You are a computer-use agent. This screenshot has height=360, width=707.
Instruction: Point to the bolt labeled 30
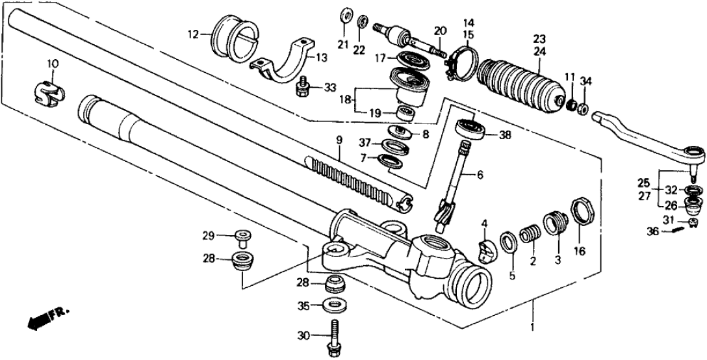click(x=335, y=335)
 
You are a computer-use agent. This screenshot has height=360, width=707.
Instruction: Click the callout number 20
click(x=441, y=32)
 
